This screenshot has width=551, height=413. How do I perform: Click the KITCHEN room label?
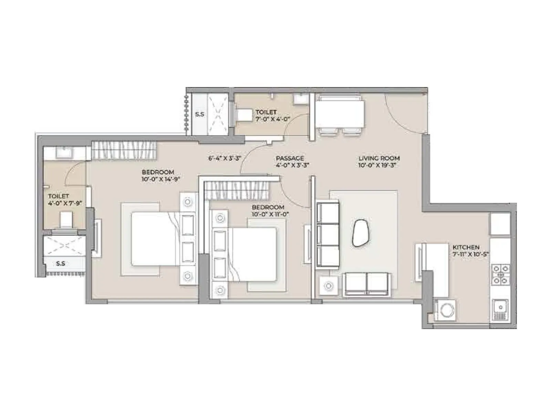click(x=466, y=247)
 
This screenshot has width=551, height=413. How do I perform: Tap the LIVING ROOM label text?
click(x=379, y=158)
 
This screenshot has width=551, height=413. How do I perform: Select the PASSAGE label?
click(x=290, y=158)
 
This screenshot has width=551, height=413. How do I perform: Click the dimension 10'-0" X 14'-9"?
click(x=161, y=179)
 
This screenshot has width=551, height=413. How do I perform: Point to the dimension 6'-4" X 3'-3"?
click(x=224, y=158)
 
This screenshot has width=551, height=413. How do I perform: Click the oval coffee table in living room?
click(x=360, y=233)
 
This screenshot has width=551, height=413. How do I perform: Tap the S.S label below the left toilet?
click(x=61, y=264)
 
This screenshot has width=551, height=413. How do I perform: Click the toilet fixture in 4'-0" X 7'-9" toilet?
click(x=66, y=220)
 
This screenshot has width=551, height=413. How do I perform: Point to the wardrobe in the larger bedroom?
click(x=124, y=150)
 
